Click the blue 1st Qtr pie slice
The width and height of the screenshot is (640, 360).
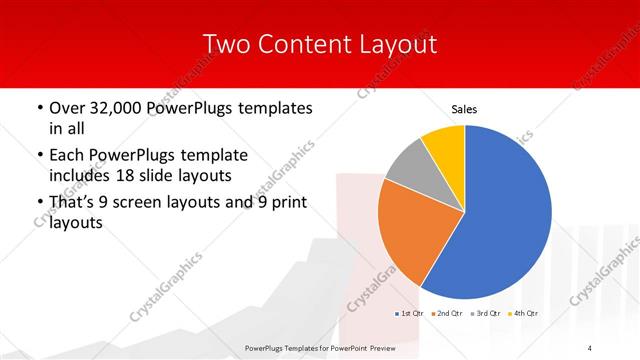tap(500, 215)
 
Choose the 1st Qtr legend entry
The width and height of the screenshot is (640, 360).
tap(410, 315)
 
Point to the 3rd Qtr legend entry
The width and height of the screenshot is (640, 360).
tap(487, 315)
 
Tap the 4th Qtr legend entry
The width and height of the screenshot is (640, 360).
tap(525, 315)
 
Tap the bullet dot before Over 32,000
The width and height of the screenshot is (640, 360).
tap(38, 108)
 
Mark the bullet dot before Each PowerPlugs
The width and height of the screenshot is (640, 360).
tap(38, 156)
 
